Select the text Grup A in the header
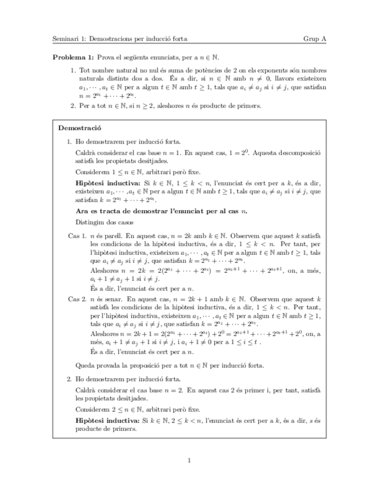315,39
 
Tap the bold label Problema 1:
73,58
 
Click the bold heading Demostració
80,127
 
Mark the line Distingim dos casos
105,222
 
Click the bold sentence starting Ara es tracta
161,211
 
